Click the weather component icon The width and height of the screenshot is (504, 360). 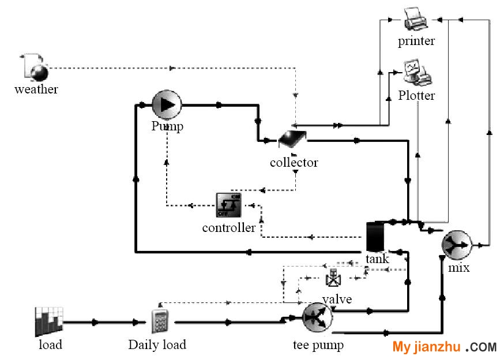(x=35, y=67)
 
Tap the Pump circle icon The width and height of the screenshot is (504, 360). (x=167, y=105)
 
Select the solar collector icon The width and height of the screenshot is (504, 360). (x=292, y=138)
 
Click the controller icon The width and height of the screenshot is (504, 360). (x=228, y=205)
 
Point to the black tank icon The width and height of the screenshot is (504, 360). (x=375, y=237)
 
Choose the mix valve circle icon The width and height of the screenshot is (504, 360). (x=457, y=245)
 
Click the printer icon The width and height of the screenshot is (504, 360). (x=416, y=19)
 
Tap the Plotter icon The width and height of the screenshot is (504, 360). (x=418, y=73)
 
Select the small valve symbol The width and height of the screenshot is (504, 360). (x=333, y=278)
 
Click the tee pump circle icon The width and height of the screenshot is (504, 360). (x=318, y=317)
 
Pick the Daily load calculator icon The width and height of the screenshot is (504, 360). (x=160, y=321)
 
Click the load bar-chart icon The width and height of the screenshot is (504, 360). (x=49, y=322)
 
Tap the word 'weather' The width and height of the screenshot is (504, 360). (x=36, y=89)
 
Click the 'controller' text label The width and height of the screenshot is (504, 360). (x=229, y=228)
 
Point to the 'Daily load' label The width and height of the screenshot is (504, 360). (x=157, y=345)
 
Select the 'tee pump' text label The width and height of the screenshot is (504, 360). (x=318, y=345)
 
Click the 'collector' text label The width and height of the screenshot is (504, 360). (x=294, y=163)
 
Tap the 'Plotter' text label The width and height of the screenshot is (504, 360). (x=416, y=96)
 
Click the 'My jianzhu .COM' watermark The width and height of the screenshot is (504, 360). (x=445, y=347)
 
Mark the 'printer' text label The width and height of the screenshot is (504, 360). (x=416, y=41)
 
